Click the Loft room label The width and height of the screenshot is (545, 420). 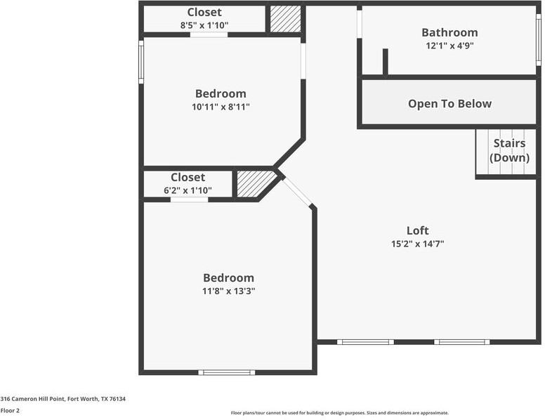(417, 230)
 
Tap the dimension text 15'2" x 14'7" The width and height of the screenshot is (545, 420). (417, 244)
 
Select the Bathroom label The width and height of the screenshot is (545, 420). (449, 32)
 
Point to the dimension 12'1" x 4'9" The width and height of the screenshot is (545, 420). (449, 46)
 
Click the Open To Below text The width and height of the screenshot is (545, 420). (449, 104)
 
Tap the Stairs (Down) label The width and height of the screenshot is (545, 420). (509, 150)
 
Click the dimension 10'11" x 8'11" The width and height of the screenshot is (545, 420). (221, 107)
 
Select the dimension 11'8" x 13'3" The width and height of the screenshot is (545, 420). (228, 291)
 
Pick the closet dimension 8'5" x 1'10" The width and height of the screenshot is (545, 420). (204, 25)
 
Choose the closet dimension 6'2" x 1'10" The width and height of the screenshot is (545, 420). (188, 190)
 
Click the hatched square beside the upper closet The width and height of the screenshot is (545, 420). (286, 19)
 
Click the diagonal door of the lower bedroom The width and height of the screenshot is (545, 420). (297, 192)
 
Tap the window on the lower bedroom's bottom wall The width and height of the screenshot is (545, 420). (226, 372)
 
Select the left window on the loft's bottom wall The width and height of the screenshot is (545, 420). (365, 342)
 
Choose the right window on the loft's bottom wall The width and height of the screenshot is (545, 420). (461, 342)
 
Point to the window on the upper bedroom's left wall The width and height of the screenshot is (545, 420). (141, 62)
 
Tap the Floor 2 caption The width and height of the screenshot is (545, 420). (10, 410)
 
